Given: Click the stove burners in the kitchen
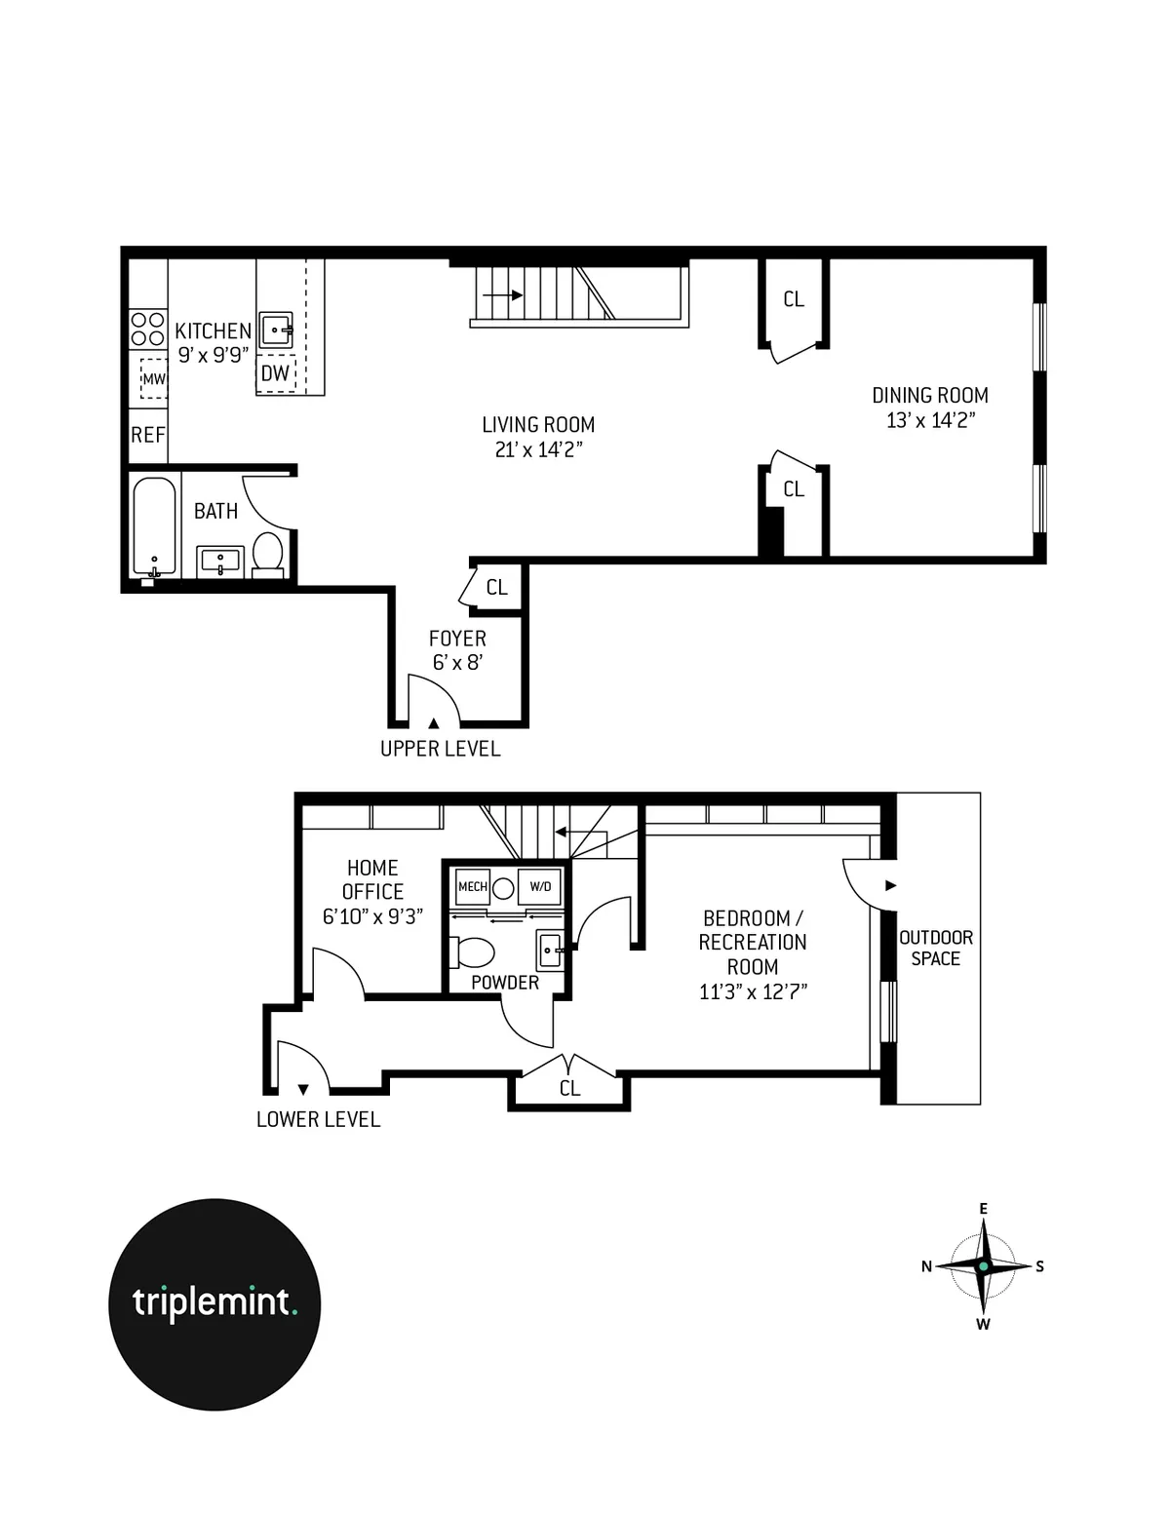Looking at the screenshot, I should (147, 329).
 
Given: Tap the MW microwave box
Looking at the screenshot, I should (153, 379).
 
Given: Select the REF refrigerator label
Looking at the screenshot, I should (148, 435).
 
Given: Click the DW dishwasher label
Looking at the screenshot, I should (276, 373).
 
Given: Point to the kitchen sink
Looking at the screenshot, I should (277, 330).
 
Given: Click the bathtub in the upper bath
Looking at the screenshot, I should (155, 526).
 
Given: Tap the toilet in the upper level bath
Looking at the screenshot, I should (267, 553).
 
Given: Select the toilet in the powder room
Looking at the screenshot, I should (474, 951).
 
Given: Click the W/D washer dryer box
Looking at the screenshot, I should (539, 886).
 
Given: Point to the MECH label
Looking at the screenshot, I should (473, 886).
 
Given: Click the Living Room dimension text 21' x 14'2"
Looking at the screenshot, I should (538, 449).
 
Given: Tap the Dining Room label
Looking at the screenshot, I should (929, 395).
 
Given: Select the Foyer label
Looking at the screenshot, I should (457, 639).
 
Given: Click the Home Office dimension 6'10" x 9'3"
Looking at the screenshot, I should (372, 916).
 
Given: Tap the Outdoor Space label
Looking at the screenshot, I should (935, 948).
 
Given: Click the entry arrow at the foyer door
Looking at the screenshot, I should (433, 722).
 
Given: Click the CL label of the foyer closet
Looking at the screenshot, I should (496, 587).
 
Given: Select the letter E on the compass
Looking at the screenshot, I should (983, 1209).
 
